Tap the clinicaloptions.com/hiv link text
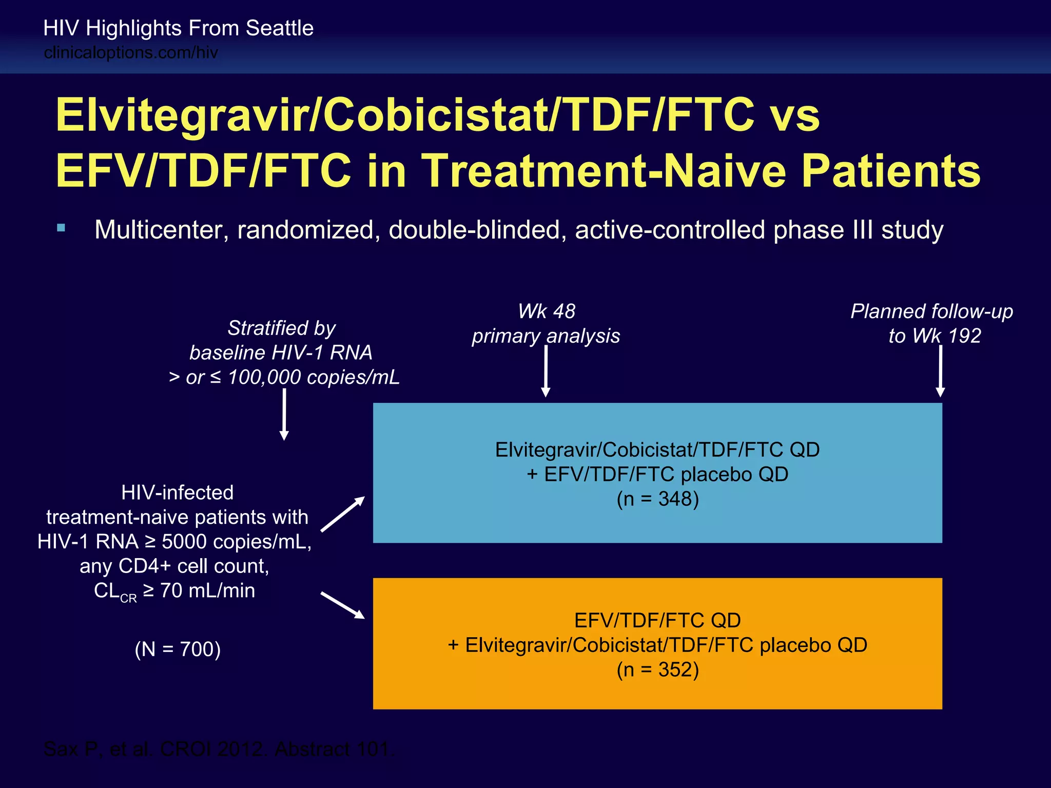(x=131, y=53)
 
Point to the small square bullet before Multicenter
(x=62, y=228)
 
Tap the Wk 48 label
(x=546, y=311)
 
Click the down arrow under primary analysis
(x=546, y=370)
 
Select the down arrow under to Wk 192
(x=940, y=370)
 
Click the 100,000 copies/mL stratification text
(x=313, y=378)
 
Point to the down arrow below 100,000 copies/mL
(x=284, y=413)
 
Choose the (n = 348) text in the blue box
(x=657, y=499)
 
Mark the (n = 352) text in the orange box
(x=657, y=669)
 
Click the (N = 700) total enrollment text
(x=178, y=649)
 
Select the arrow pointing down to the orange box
(x=343, y=605)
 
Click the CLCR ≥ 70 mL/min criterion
(x=174, y=591)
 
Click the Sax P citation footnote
(x=219, y=749)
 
